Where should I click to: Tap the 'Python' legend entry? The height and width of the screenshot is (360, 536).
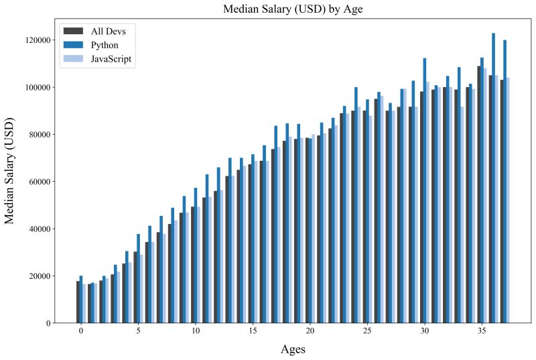[105, 45]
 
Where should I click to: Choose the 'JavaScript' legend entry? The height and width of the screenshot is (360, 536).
[111, 59]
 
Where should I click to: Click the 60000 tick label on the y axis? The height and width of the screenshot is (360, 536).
[37, 182]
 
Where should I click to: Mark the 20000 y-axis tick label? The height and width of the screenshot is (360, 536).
[37, 276]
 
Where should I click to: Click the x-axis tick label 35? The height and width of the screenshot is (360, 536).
[482, 331]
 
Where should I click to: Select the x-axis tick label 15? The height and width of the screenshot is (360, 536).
[253, 331]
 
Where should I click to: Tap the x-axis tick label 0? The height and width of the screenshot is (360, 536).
[81, 331]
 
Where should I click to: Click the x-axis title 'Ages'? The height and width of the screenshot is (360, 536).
[293, 349]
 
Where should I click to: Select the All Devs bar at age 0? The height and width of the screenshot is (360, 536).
[78, 302]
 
